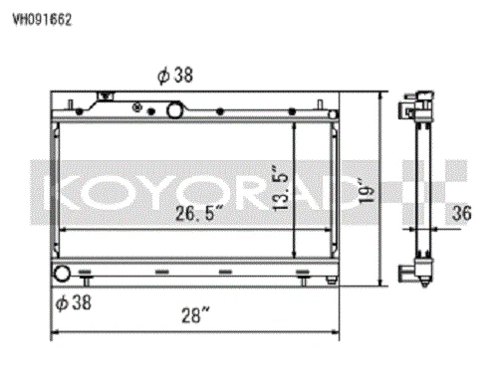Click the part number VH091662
point(41,18)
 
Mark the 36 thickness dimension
point(459,212)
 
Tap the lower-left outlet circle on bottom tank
point(63,275)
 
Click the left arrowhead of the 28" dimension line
point(54,333)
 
